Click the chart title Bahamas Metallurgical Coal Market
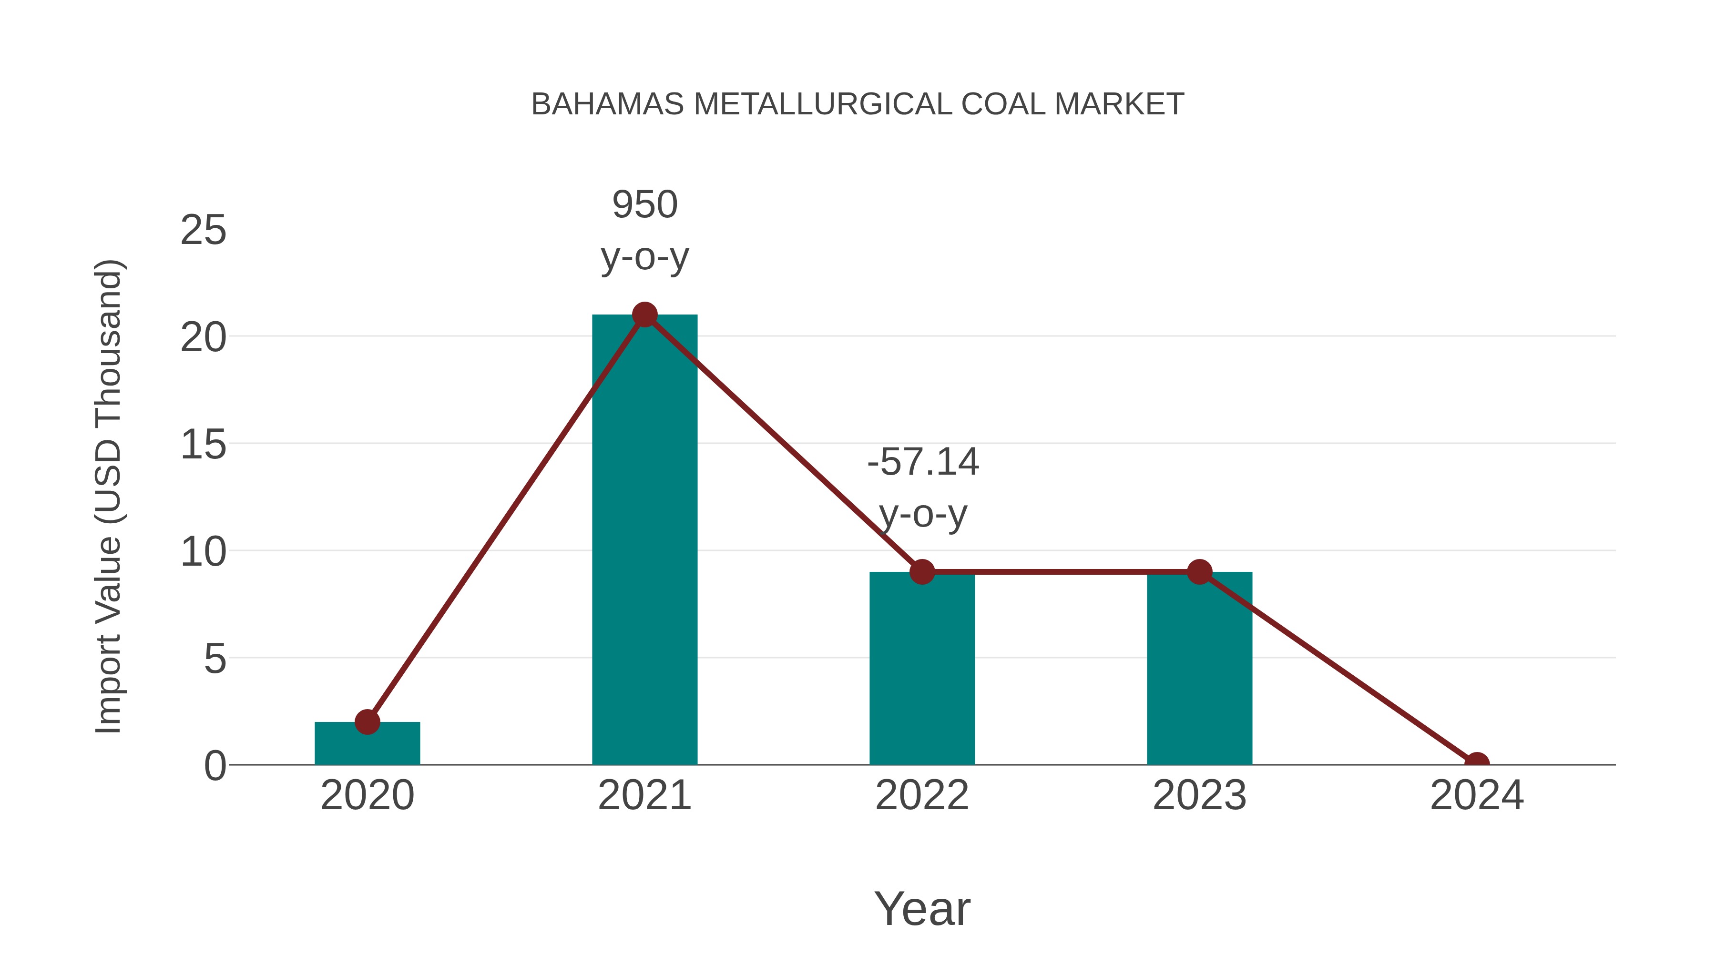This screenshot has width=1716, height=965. tap(858, 104)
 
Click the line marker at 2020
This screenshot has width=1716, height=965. tap(367, 722)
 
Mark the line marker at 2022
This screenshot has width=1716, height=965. tap(922, 571)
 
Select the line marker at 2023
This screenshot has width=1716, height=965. tap(1199, 571)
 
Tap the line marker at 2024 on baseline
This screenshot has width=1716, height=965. tap(1477, 763)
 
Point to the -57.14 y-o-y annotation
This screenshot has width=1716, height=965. tap(923, 487)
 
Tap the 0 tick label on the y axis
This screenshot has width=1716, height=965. tap(214, 766)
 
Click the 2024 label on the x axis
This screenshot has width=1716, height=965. tap(1477, 795)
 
